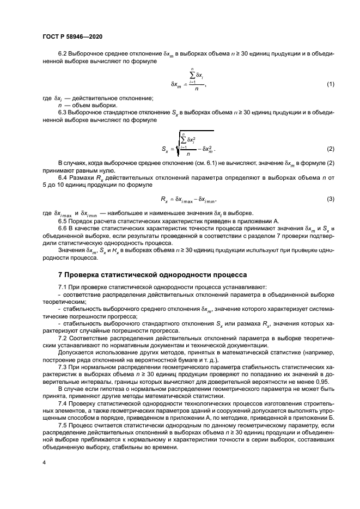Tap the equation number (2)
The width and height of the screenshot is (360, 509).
pos(330,149)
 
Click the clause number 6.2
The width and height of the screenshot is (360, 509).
pos(64,54)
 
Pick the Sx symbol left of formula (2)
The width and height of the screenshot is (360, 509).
pos(166,149)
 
